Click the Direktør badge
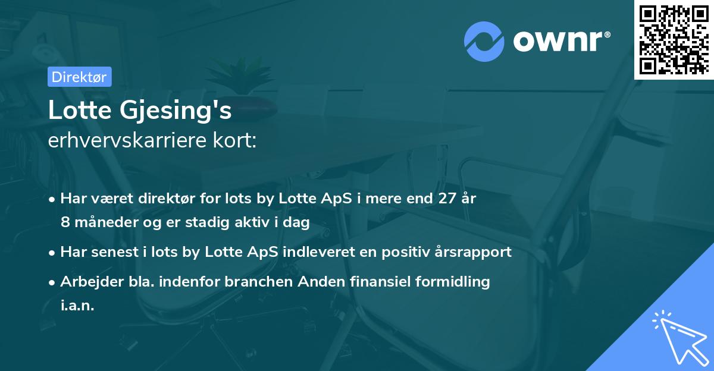click(79, 77)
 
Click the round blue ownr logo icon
click(484, 42)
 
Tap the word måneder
click(101, 222)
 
